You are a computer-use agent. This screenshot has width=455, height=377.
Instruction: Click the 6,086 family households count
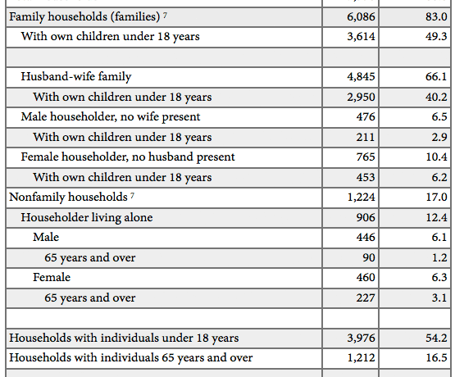point(361,17)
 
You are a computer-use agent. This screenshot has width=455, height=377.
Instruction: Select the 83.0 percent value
point(436,17)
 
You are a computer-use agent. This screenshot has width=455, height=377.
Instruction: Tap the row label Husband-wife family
point(76,77)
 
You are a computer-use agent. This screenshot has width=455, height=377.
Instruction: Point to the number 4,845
point(361,77)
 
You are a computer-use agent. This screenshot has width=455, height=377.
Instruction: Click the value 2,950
point(361,98)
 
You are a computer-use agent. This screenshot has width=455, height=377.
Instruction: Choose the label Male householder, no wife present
point(111,117)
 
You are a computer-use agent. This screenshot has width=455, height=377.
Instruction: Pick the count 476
point(366,117)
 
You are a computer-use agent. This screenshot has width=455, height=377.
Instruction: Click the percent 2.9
point(439,137)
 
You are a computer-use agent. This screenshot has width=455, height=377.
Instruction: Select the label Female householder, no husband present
point(128,157)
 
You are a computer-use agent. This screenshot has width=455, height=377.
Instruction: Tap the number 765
point(366,157)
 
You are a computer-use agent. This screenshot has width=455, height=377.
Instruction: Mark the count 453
point(366,177)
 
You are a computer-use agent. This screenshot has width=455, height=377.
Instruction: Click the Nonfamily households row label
point(69,198)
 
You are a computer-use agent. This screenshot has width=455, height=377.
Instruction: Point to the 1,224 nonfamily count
point(361,198)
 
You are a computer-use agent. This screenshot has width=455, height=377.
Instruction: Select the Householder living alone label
point(87,217)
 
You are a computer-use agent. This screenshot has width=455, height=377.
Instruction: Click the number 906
point(366,217)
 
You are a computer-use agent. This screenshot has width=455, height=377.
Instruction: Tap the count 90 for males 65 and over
point(369,257)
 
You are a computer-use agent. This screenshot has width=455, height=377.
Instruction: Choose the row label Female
point(52,277)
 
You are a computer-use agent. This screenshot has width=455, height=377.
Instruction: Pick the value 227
point(366,298)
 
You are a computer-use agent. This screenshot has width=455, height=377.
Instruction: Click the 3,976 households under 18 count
point(361,338)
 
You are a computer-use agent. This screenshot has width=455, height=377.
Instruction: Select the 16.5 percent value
point(436,358)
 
